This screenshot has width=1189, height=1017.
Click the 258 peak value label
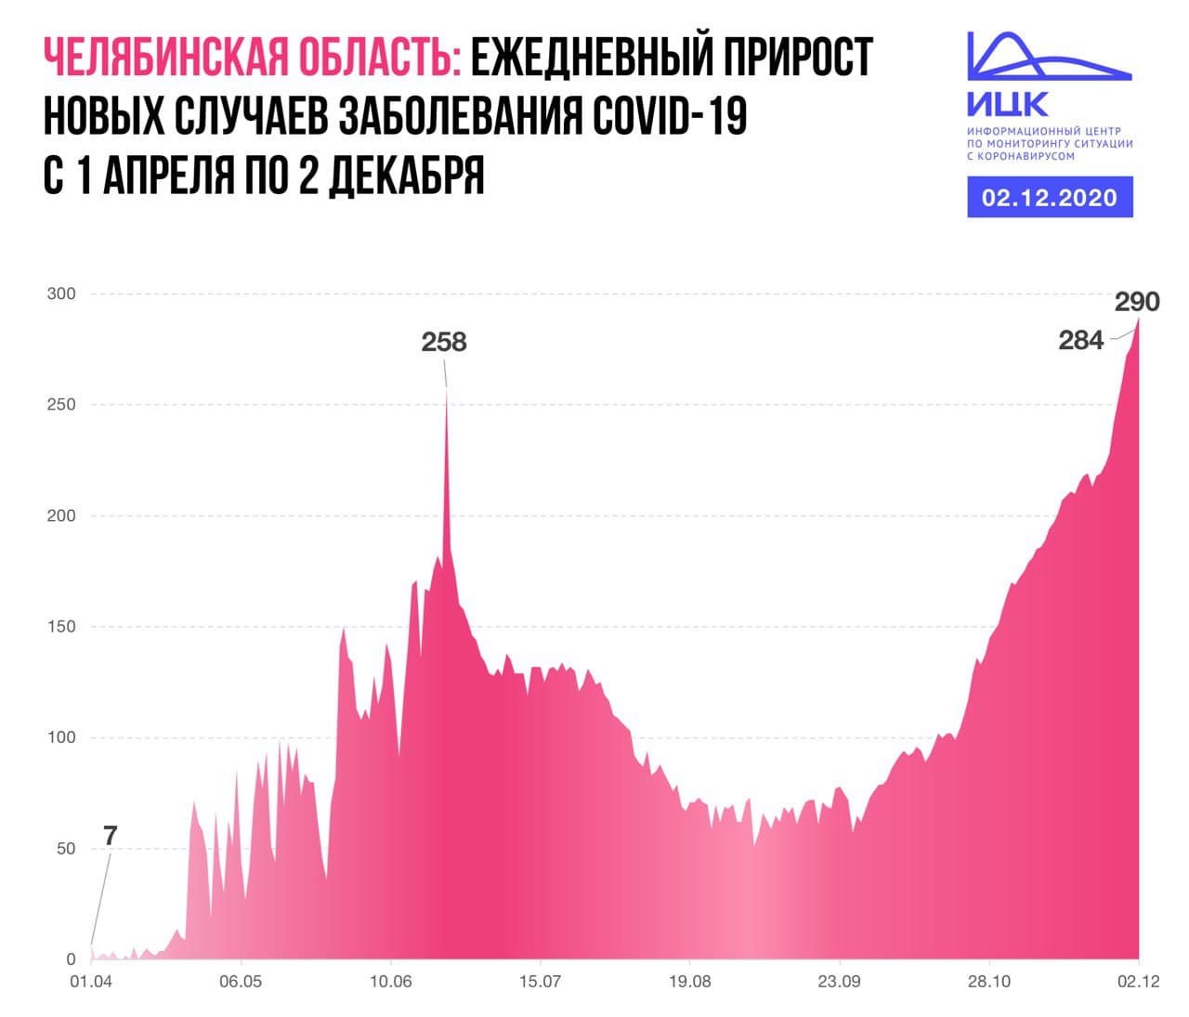pos(444,342)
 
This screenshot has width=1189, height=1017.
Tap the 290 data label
pos(1137,302)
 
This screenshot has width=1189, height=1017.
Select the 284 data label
pos(1081,341)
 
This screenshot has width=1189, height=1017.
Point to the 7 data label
pos(111,836)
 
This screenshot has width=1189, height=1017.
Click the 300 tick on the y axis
pos(61,293)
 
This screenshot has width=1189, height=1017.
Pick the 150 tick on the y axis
pos(61,627)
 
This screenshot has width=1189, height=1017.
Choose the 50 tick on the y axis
pos(65,849)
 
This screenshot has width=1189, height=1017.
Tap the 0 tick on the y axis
pos(71,959)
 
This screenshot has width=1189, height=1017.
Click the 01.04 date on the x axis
pos(90,981)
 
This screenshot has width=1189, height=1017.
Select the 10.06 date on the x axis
pos(391,981)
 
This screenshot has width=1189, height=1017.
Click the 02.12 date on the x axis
pos(1138,981)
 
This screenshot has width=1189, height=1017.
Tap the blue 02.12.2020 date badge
pos(1050,198)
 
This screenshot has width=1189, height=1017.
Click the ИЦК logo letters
pos(1008,102)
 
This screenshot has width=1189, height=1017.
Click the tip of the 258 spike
pos(446,389)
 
